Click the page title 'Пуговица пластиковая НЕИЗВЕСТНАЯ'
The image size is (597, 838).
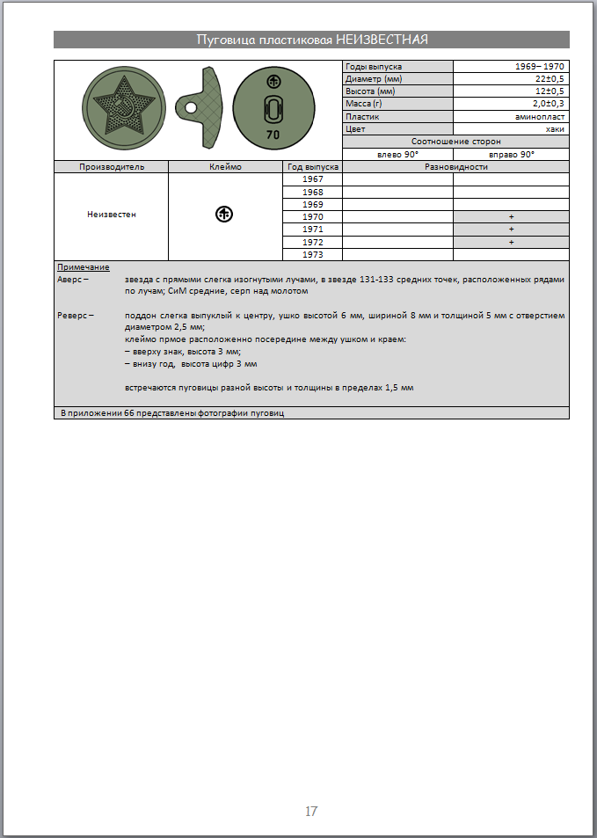[x=311, y=40]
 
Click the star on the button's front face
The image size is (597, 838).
[x=122, y=108]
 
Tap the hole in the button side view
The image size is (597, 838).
[x=190, y=108]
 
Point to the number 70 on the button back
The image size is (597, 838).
[x=273, y=135]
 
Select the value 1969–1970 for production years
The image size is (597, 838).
[x=540, y=67]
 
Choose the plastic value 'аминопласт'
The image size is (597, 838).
[x=540, y=116]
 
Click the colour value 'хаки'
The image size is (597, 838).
[x=555, y=128]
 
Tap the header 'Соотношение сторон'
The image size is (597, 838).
[x=455, y=141]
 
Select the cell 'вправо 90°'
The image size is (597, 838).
[x=511, y=154]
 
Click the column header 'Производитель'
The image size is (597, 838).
[x=112, y=166]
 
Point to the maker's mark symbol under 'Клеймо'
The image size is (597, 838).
[x=224, y=214]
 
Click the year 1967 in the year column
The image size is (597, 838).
[x=312, y=179]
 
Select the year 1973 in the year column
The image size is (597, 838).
[x=312, y=255]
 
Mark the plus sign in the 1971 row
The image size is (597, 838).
[x=511, y=230]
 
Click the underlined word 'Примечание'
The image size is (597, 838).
[x=84, y=266]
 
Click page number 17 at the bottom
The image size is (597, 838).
[x=311, y=811]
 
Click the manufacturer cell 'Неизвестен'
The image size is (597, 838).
[x=112, y=214]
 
